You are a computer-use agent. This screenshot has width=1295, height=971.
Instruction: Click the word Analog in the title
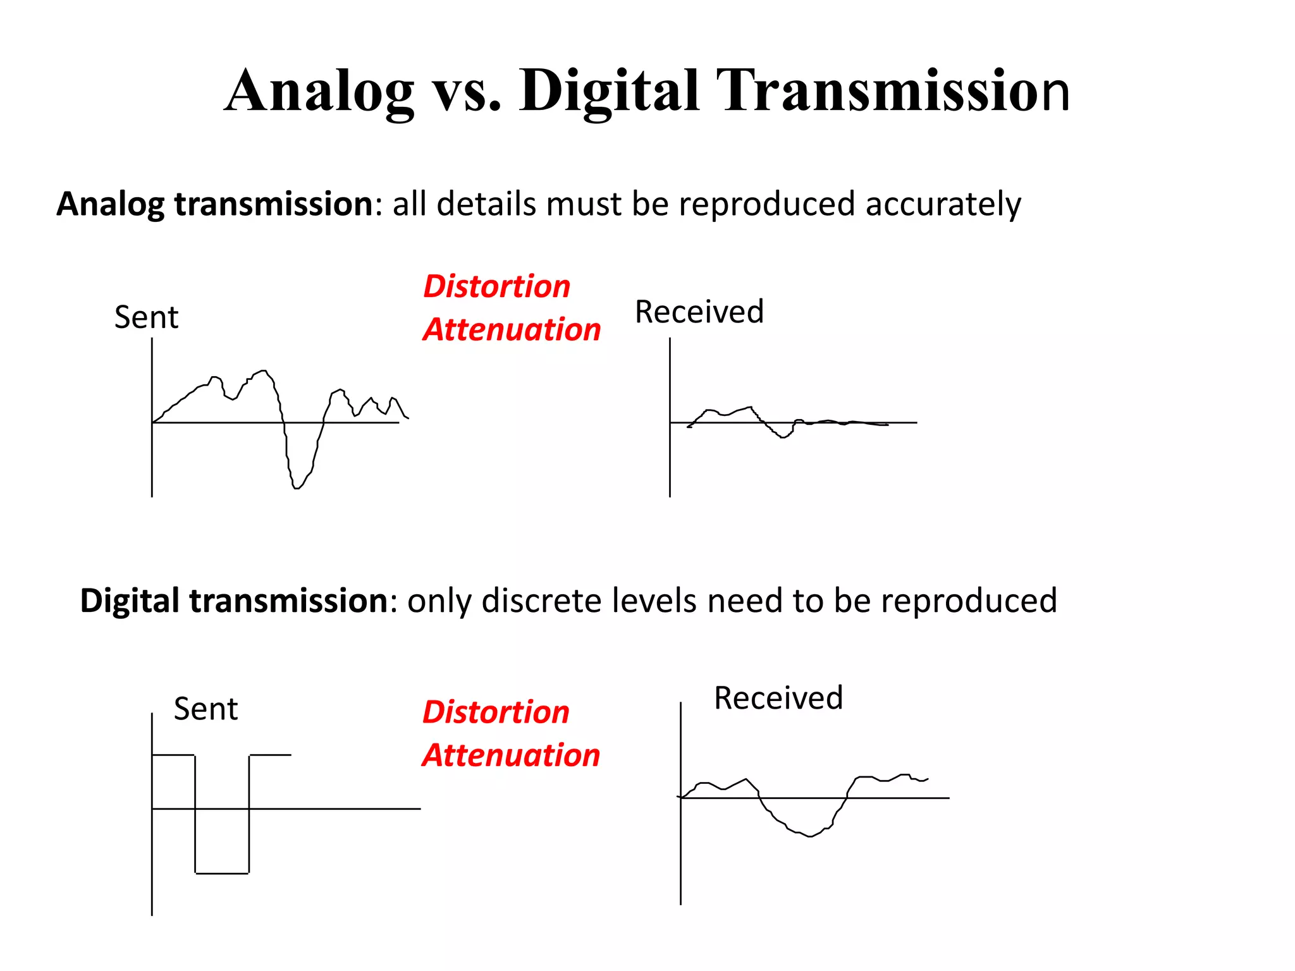click(319, 92)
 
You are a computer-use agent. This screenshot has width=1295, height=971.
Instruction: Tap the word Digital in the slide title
click(608, 92)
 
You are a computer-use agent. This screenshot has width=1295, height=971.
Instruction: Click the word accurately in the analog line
click(943, 205)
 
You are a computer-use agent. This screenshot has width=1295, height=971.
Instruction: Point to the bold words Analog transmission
click(215, 204)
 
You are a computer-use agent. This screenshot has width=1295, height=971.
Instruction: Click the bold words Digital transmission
click(234, 601)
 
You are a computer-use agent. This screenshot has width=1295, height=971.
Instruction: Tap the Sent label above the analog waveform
click(146, 317)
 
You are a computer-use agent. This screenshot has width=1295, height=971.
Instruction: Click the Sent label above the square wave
click(206, 709)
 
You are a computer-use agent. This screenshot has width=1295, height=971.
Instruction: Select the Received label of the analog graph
click(699, 312)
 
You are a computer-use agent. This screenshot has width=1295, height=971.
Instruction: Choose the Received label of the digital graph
click(778, 698)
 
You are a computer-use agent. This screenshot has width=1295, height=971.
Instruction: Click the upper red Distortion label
click(496, 286)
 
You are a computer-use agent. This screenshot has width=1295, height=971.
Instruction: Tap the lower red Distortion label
click(496, 712)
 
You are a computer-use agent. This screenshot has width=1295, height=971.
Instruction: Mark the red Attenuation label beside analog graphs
click(512, 330)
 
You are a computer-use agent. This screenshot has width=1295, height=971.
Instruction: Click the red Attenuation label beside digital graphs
click(511, 755)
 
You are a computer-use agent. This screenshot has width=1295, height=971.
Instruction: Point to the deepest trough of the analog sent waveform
click(297, 487)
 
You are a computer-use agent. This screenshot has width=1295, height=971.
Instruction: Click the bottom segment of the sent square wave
click(222, 873)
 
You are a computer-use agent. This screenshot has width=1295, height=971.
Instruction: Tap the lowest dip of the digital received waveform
click(810, 836)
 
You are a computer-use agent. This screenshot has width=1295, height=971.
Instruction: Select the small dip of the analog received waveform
click(783, 436)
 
